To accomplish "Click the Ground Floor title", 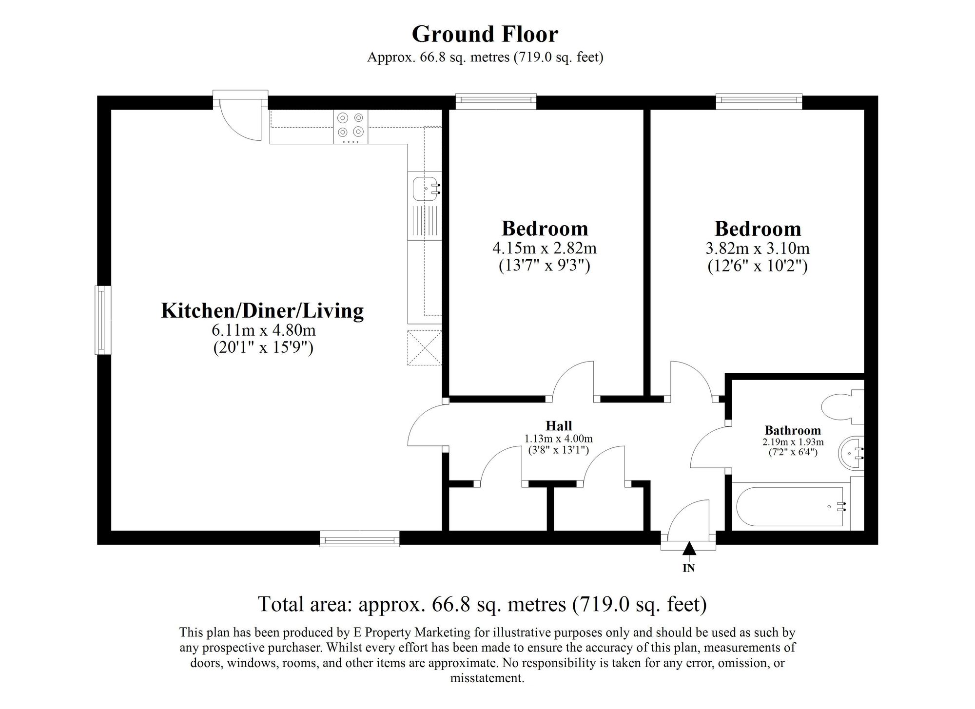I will pos(485,34).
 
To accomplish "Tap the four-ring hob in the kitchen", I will pos(351,125).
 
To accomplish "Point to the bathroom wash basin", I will pos(851,454).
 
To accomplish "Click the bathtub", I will pos(790,507).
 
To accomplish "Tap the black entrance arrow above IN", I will pos(688,549).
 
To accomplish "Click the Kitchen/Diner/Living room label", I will pos(262,310).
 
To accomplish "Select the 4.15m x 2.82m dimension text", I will pos(545,249).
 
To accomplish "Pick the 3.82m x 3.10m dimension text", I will pos(757,249).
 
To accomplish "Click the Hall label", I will pos(559,426).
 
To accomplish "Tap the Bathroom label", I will pos(793,430).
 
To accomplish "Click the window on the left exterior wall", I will pos(102,320).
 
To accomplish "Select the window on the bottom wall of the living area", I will pos(360,539).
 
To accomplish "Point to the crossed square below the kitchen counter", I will pos(425,347).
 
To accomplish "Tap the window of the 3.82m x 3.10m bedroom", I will pos(759,100).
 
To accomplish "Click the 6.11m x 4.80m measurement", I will pos(263,330).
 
